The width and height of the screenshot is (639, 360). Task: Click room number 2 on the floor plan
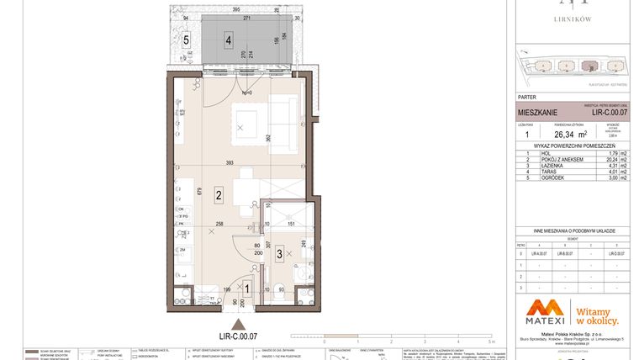[217, 196]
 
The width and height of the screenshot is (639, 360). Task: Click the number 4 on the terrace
[229, 39]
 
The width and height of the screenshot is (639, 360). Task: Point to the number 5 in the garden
[186, 39]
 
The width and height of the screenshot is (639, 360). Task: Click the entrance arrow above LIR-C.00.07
[240, 324]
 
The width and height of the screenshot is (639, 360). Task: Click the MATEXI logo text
[540, 319]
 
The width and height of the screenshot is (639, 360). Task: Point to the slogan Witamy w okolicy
[596, 315]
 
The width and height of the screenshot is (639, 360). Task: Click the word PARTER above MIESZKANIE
[528, 95]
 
